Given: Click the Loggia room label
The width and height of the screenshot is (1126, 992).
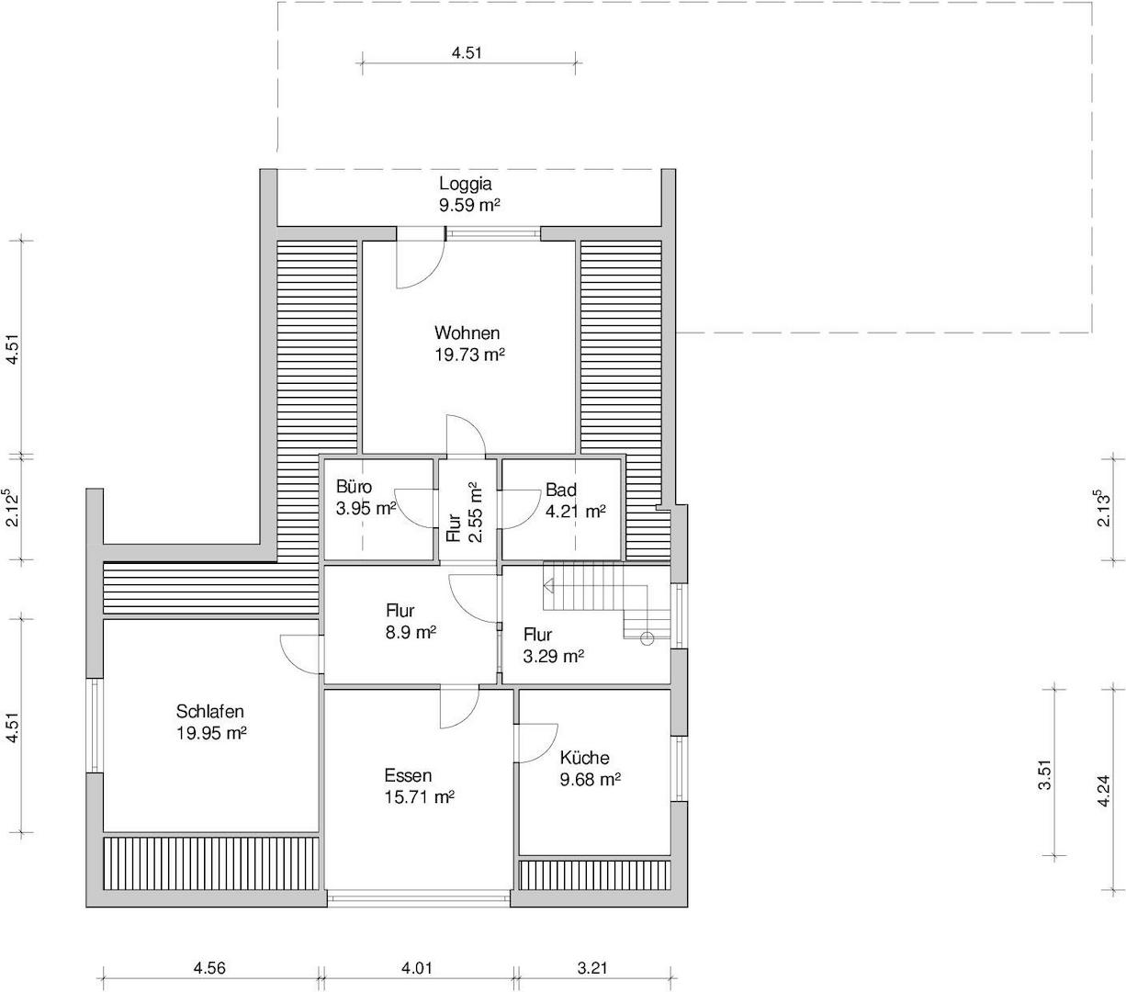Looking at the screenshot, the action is (x=465, y=184).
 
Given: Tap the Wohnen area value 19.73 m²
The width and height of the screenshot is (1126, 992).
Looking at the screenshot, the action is (x=469, y=355).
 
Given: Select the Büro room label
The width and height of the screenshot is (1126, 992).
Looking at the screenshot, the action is (x=354, y=487).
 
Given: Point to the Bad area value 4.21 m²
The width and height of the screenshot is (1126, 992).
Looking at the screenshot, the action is (x=576, y=512).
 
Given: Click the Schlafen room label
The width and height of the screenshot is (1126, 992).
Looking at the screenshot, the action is (x=210, y=711).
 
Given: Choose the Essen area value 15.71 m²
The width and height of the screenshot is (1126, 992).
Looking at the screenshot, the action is (x=420, y=797).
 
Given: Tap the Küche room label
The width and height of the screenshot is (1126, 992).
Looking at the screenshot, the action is (x=584, y=758).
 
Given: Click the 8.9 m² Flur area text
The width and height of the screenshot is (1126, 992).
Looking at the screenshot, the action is (x=411, y=633).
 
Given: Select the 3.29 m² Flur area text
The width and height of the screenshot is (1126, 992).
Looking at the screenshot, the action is (x=554, y=657).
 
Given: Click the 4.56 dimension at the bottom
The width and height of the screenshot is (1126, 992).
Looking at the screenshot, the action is (x=209, y=968).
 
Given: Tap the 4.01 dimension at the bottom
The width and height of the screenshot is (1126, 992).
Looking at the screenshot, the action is (x=417, y=968).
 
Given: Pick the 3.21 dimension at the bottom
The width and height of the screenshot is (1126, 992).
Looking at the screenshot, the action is (x=592, y=968).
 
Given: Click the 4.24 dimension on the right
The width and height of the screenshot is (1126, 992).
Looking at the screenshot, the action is (x=1103, y=791).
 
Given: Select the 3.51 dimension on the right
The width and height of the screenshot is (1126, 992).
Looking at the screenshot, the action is (x=1045, y=774).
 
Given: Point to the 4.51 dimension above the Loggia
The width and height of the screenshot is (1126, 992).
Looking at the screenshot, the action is (x=467, y=52).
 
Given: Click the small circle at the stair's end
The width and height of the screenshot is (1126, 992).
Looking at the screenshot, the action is (x=647, y=638).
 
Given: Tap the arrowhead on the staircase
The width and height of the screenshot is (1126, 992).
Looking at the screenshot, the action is (x=549, y=586).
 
